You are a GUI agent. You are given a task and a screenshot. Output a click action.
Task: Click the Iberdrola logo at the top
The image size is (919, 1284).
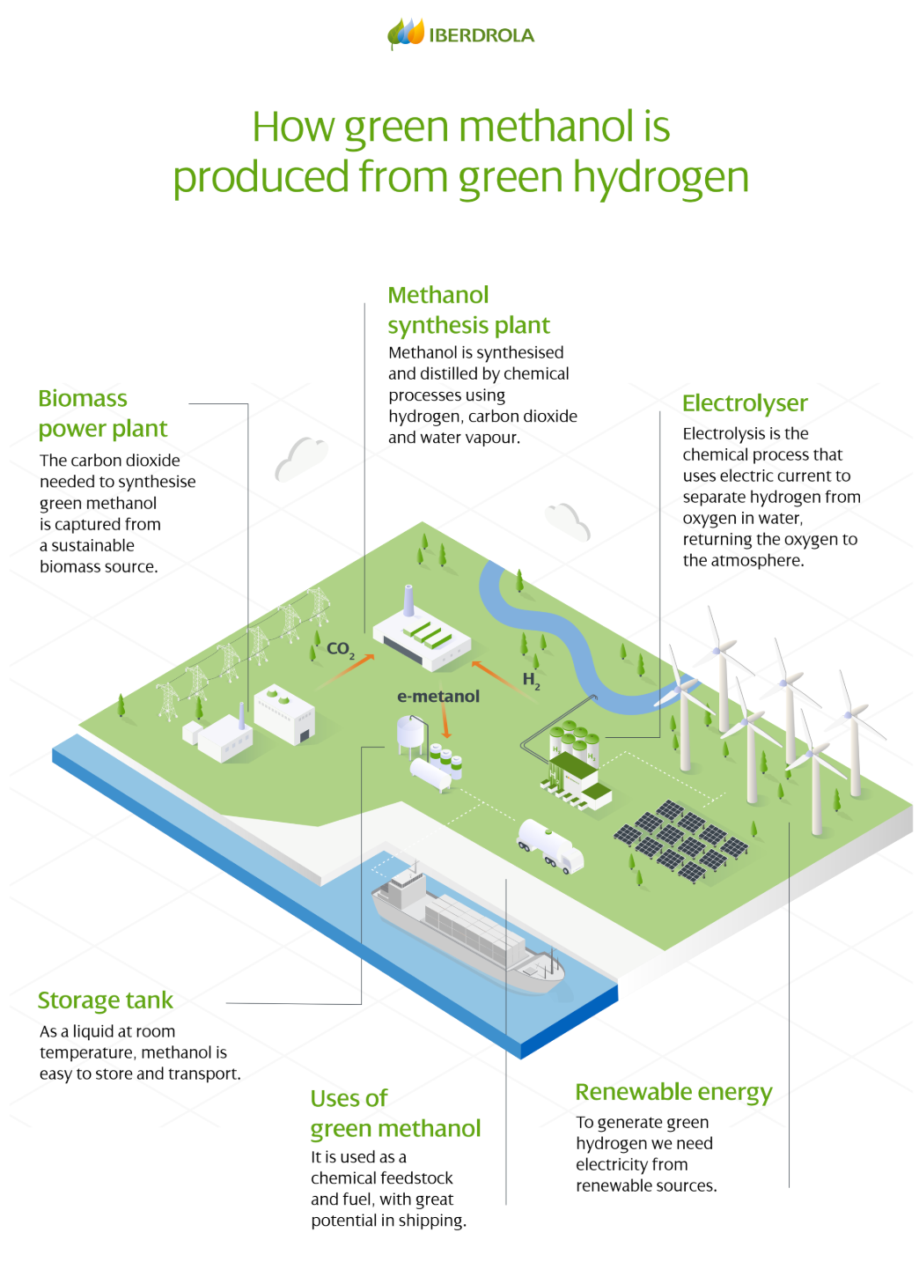tap(460, 34)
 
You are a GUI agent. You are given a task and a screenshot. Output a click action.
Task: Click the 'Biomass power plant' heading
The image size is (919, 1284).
tap(102, 414)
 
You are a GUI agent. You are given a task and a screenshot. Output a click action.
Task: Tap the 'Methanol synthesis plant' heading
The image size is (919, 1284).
tap(468, 310)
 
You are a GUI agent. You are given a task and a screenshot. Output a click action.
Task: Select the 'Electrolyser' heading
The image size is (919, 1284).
tap(745, 403)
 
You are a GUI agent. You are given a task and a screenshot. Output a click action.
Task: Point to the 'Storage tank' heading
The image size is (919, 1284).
tap(105, 1000)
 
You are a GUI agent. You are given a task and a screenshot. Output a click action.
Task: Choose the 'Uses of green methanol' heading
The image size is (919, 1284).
tap(395, 1113)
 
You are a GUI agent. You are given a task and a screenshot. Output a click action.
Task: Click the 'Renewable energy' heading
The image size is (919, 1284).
tap(673, 1092)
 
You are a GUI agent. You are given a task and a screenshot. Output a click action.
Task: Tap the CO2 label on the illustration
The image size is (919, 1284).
tap(340, 650)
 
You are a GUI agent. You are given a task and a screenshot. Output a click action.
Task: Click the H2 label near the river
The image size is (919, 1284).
tap(531, 680)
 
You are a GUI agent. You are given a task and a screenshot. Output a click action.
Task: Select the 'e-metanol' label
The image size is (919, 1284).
tap(438, 697)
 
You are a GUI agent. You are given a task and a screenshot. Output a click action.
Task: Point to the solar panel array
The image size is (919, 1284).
tap(680, 839)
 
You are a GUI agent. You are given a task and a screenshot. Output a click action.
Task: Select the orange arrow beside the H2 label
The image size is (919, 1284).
tap(496, 675)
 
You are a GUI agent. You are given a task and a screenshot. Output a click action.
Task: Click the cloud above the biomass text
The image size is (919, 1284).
tap(301, 458)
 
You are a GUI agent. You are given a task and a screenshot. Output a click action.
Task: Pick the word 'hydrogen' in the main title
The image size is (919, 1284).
tap(661, 177)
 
